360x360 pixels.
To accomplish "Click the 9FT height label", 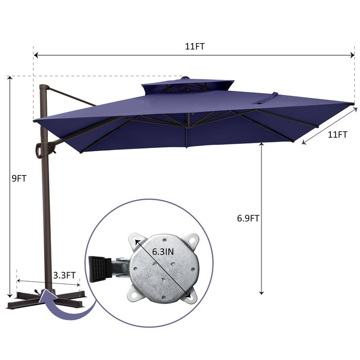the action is click(x=19, y=178).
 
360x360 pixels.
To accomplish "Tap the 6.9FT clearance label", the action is click(x=248, y=218).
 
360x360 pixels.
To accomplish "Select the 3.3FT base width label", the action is click(x=64, y=275).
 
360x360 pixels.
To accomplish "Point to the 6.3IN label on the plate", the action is click(x=163, y=252).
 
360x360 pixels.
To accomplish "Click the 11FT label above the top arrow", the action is click(x=195, y=47).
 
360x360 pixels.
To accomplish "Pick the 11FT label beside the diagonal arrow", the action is click(x=337, y=135).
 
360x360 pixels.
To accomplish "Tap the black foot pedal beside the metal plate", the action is click(x=97, y=269).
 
